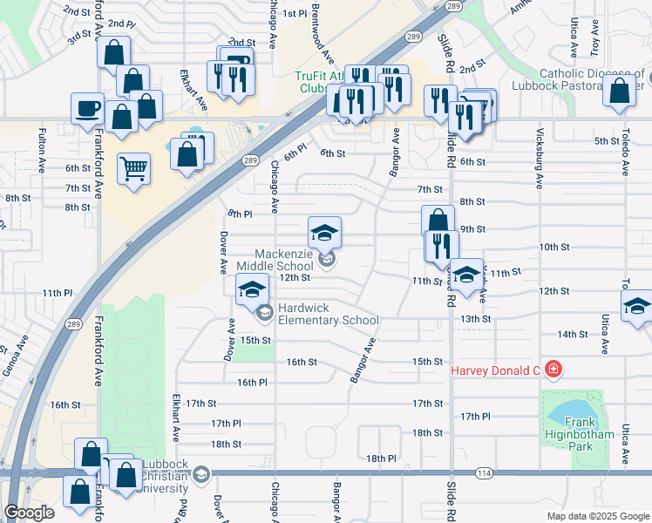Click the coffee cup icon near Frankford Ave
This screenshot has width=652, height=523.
pos(88,109)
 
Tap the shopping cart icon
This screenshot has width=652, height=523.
pos(133,168)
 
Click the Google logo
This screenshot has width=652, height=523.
pos(29,513)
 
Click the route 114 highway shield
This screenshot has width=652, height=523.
pos(484,472)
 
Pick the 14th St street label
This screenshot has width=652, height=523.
pos(572,334)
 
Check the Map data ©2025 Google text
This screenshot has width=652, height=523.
pos(597,516)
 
